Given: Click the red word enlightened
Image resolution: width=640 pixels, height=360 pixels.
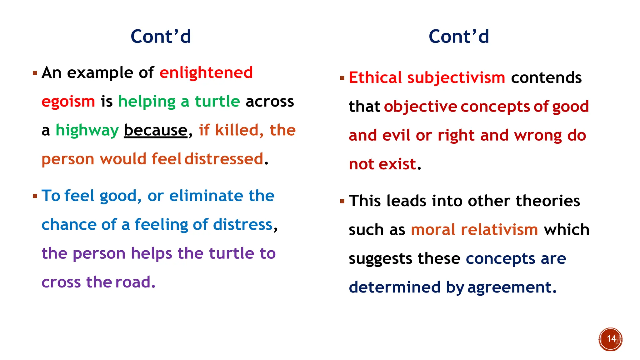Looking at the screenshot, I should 206,73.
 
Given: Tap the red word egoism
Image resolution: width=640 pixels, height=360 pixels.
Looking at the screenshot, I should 68,102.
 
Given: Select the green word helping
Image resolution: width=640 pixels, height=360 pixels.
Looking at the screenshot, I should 147,102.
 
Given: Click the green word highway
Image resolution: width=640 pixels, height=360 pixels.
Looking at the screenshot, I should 87,131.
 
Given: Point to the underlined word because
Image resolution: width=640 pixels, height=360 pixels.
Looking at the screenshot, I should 155,131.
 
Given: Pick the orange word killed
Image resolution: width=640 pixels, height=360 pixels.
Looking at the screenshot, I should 237,130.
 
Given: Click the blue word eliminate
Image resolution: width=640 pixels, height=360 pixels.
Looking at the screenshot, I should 206,196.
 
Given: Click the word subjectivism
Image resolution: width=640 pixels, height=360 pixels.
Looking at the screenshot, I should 456,78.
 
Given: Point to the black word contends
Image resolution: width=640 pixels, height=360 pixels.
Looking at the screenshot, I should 546,78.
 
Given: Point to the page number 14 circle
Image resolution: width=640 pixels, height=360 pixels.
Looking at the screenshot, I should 611,339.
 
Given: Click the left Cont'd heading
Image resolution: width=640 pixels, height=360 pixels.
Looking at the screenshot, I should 161,37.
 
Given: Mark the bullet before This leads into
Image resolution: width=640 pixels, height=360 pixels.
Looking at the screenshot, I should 342,201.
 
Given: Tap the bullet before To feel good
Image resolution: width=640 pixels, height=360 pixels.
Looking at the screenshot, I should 35,196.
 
